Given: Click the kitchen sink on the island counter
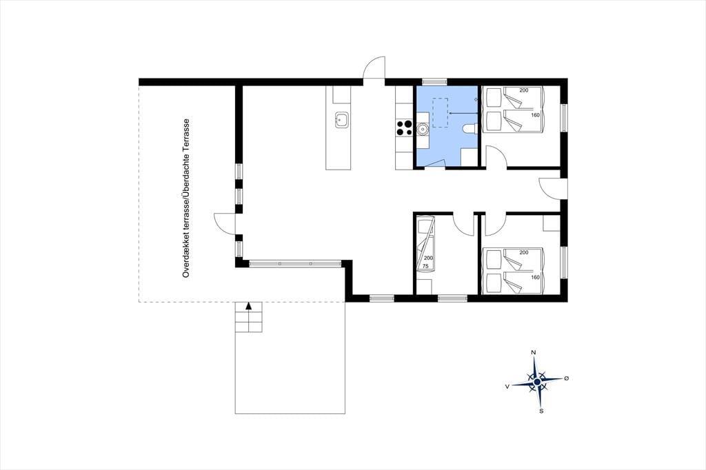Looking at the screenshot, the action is (x=341, y=120).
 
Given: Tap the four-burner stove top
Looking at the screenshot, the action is (x=404, y=127).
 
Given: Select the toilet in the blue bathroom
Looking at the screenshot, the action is (x=470, y=129).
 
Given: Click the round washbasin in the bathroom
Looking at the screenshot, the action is (x=423, y=129).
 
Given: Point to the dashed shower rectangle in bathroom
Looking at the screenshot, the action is (x=439, y=112).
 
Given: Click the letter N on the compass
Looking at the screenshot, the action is (x=534, y=353).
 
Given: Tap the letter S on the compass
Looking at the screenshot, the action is (x=541, y=411).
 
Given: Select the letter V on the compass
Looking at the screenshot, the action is (x=507, y=386).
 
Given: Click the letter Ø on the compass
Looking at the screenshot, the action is (x=567, y=378).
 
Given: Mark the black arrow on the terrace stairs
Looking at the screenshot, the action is (x=248, y=306).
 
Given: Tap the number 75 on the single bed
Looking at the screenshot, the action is (x=425, y=266).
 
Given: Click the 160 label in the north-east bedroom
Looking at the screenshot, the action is (x=535, y=115).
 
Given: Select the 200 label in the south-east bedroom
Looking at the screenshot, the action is (x=524, y=252).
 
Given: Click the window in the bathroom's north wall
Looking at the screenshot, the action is (x=434, y=81).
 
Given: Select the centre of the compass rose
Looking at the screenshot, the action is (x=537, y=382).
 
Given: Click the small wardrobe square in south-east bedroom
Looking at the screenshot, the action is (x=552, y=224).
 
